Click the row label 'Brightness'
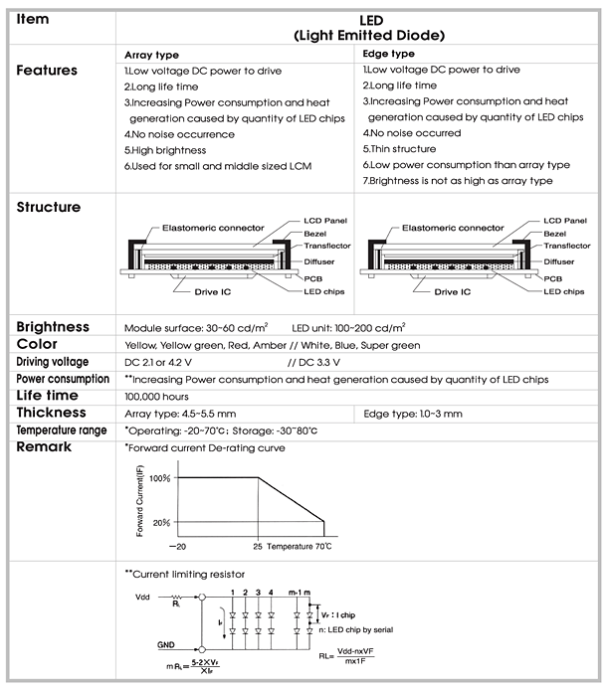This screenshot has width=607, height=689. pos(53,327)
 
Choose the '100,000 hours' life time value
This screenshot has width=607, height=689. pos(158,396)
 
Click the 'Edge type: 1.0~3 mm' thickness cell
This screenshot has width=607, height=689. pos(412,413)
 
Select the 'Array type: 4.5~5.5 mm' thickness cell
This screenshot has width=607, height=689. pos(181,413)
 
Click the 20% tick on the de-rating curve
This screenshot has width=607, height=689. pos(161,522)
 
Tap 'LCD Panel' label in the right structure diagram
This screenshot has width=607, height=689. pos(564,219)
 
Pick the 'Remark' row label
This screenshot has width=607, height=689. pos(45,447)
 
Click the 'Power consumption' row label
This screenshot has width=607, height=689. pos(62,379)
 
